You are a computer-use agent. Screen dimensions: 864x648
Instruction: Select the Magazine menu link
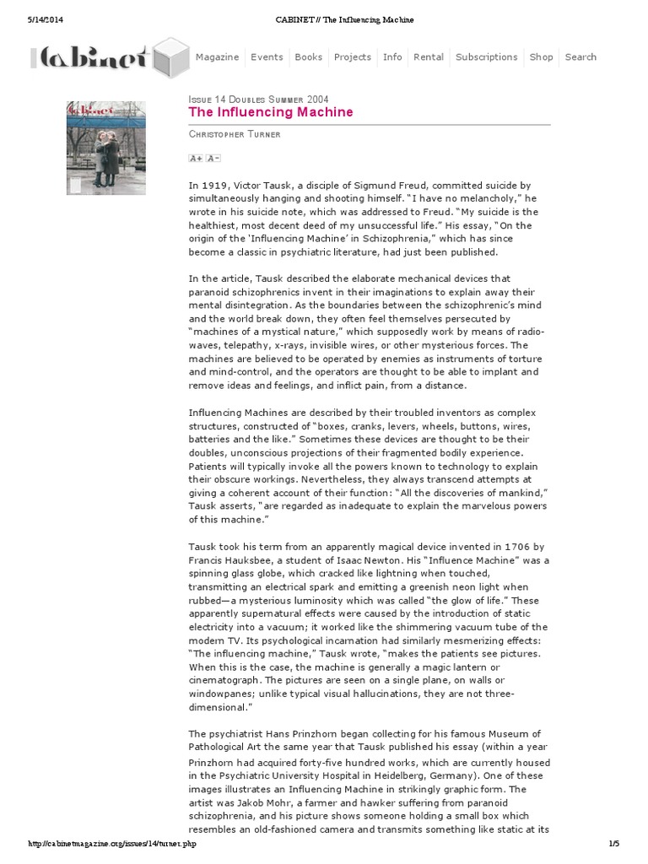[218, 57]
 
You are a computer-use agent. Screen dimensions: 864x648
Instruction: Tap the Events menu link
[267, 57]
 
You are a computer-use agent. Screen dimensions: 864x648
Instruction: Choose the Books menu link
[309, 57]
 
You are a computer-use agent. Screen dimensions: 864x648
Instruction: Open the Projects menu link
[353, 57]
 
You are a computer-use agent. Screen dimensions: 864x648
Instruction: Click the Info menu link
[392, 57]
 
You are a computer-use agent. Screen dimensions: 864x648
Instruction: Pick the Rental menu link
[429, 57]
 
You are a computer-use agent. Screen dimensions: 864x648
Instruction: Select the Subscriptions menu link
[486, 57]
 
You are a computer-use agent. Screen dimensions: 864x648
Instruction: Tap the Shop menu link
[542, 57]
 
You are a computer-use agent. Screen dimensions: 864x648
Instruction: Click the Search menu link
[580, 57]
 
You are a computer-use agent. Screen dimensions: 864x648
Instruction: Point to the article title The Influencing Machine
[271, 112]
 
